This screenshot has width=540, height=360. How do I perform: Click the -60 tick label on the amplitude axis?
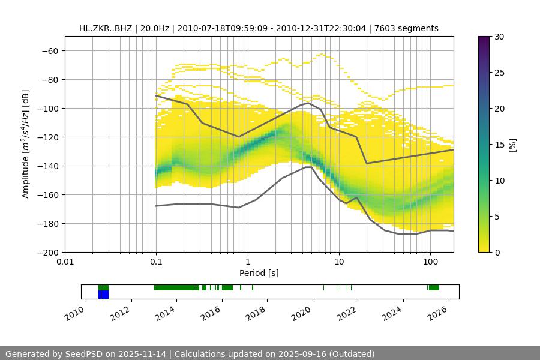[x=49, y=50]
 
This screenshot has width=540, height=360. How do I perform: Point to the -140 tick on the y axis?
[x=49, y=166]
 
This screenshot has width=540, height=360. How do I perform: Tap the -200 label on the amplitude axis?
[x=49, y=252]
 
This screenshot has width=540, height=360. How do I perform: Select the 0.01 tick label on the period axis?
[x=65, y=262]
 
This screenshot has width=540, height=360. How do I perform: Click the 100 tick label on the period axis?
[x=430, y=262]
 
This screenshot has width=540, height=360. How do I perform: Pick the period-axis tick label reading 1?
[x=247, y=262]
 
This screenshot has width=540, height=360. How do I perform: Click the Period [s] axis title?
[x=259, y=273]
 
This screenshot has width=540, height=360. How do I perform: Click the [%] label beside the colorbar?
[x=513, y=145]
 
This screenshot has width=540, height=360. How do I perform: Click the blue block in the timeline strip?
[x=104, y=295]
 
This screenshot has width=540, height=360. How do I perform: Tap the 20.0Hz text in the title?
[x=153, y=28]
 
